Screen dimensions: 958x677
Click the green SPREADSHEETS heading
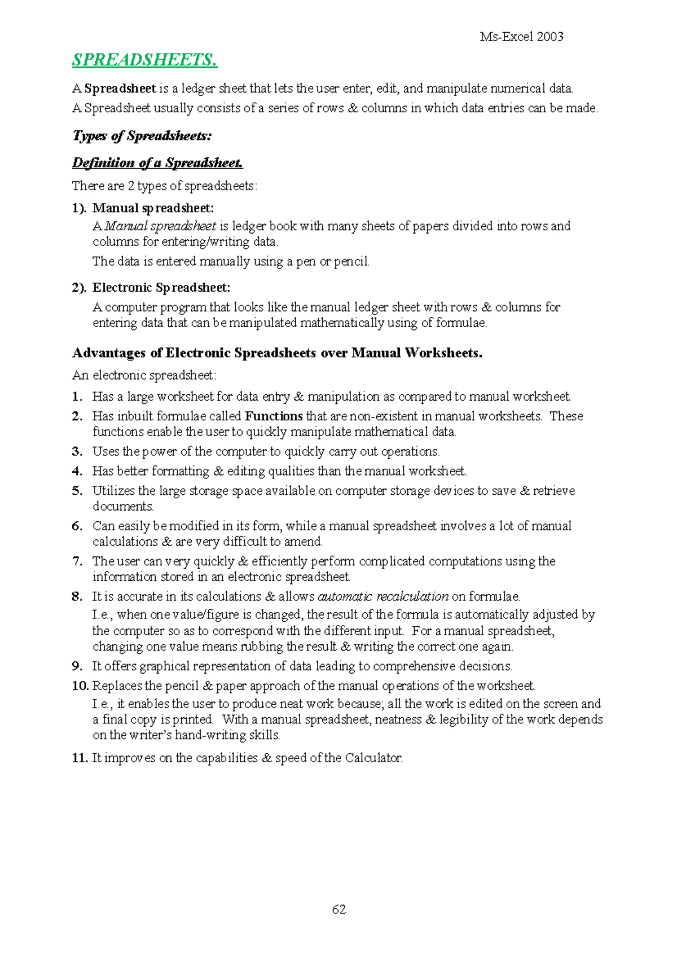[x=144, y=60]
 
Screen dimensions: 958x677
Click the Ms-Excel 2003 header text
[x=521, y=37]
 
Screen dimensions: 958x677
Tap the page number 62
[x=339, y=909]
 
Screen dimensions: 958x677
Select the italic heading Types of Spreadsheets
[x=142, y=136]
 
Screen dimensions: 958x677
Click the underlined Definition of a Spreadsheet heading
[x=157, y=163]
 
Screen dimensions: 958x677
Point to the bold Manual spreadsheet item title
[x=153, y=208]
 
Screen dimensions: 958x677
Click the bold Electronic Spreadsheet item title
[x=161, y=288]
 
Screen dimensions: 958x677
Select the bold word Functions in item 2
[x=274, y=416]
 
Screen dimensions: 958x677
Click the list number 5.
[x=77, y=491]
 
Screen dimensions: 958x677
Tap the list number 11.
[x=80, y=758]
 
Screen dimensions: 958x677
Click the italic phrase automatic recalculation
[x=383, y=596]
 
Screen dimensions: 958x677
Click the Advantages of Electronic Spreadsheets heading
[x=277, y=353]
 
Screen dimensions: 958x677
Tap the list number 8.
[x=77, y=596]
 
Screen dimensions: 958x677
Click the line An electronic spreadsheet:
[x=144, y=375]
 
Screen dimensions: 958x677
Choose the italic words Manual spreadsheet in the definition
[x=160, y=226]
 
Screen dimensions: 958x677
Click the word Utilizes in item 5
[x=113, y=491]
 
